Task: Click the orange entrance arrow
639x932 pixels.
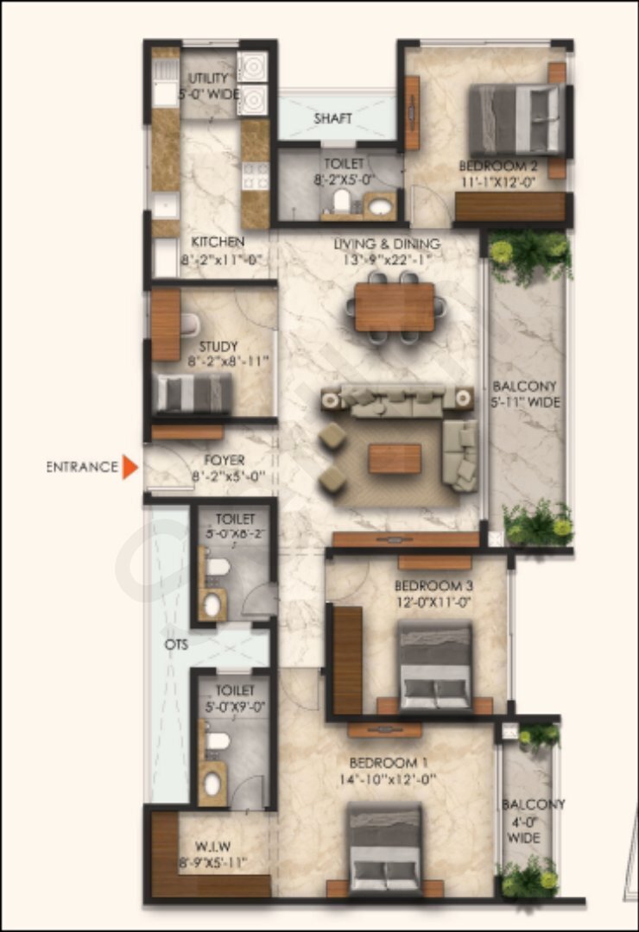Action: point(130,467)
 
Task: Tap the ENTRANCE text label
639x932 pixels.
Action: point(82,467)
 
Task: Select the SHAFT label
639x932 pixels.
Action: point(332,118)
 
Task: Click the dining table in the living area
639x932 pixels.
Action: point(395,307)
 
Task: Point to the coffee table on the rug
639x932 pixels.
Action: point(395,458)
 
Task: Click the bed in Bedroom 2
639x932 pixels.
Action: point(516,119)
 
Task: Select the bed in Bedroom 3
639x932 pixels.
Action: point(435,666)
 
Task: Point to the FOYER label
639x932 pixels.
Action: point(225,460)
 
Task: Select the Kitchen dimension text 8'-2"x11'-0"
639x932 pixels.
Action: point(218,259)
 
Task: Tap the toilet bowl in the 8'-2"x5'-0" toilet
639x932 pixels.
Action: point(342,201)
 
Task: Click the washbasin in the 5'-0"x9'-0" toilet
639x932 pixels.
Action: point(212,784)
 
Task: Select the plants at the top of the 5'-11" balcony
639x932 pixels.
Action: point(528,255)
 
